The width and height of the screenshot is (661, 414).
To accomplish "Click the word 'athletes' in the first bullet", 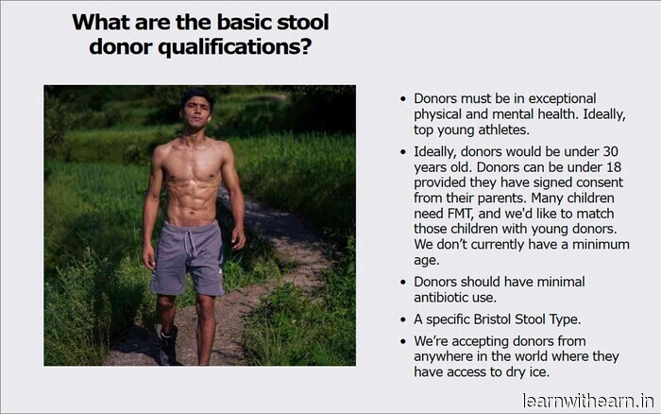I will tap(500, 129).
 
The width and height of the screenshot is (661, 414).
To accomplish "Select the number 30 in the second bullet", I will tap(609, 151).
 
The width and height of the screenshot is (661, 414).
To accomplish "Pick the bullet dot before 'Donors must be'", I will tap(404, 98).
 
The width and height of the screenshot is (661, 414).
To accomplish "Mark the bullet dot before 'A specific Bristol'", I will tap(404, 319).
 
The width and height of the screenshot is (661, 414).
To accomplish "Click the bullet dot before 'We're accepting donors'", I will tap(404, 341).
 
